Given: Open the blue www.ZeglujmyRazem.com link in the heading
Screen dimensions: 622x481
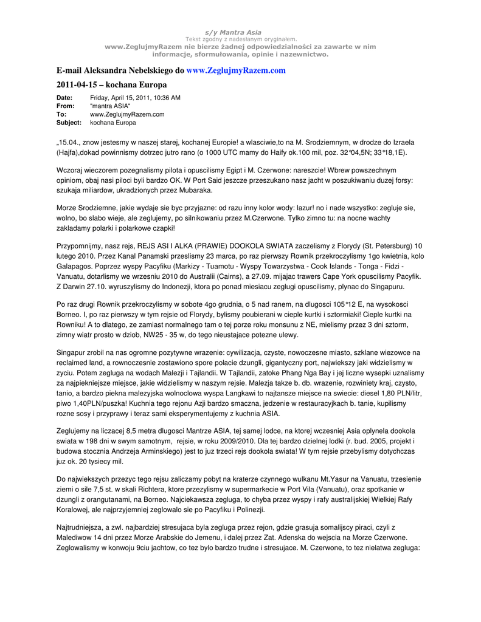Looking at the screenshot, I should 236,70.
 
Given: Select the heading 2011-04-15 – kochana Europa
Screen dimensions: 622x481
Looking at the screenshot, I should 111,84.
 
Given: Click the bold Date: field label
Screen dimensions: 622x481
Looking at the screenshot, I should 64,98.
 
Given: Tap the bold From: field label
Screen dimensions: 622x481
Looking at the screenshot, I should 65,106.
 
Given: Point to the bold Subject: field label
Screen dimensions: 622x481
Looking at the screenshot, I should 69,123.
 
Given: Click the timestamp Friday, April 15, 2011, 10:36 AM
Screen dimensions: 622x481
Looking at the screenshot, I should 135,98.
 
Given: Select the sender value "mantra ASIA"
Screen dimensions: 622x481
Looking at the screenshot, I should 110,106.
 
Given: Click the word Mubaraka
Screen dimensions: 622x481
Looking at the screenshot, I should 193,190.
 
